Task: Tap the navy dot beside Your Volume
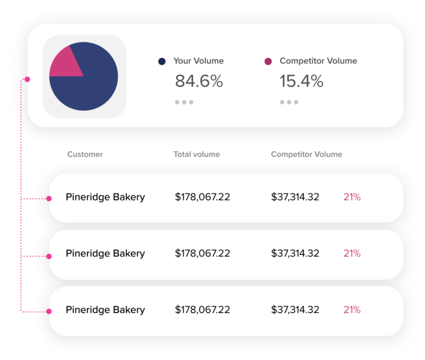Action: (x=162, y=61)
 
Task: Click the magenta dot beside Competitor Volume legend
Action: (x=268, y=61)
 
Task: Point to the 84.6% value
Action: (x=199, y=81)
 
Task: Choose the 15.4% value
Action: (x=301, y=81)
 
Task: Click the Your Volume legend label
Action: (x=198, y=61)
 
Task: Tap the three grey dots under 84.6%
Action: (x=184, y=102)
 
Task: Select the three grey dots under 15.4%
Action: (x=289, y=102)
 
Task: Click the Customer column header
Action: (x=85, y=155)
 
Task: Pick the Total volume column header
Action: (x=196, y=155)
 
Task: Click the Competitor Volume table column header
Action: (x=306, y=155)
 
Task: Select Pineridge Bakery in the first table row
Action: (x=105, y=197)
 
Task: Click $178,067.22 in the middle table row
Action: (x=202, y=254)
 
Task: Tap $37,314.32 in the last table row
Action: (x=295, y=310)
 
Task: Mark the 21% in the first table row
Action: (x=352, y=197)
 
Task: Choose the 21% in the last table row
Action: (x=352, y=310)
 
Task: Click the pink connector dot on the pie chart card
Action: (x=27, y=79)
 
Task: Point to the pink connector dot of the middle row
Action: (x=49, y=256)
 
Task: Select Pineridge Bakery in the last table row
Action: (x=105, y=310)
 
